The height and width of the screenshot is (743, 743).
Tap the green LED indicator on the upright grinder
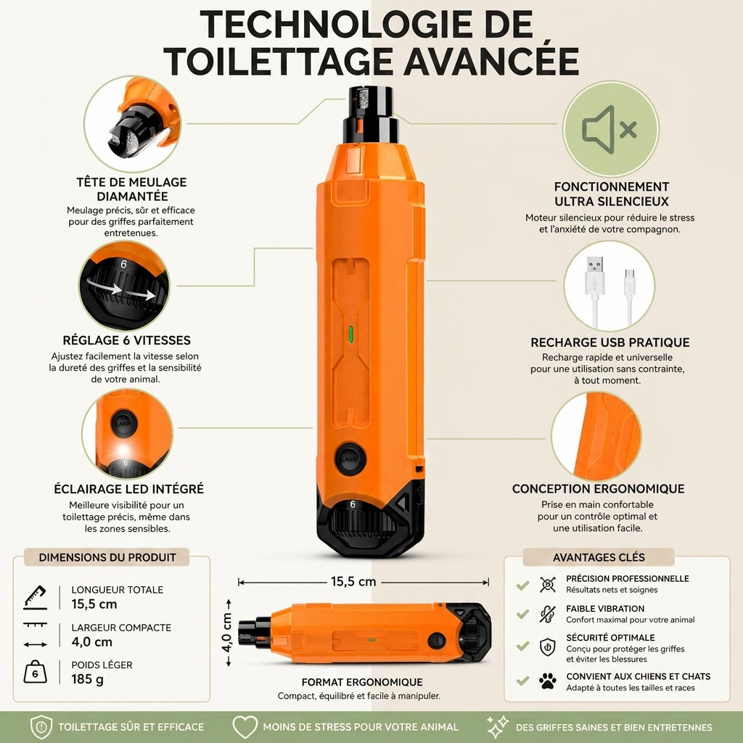pyautogui.click(x=350, y=334)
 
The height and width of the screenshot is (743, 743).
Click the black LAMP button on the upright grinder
pyautogui.click(x=350, y=459)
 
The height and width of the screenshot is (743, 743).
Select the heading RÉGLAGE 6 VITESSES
pyautogui.click(x=126, y=340)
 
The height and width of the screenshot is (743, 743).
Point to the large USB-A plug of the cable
pyautogui.click(x=595, y=276)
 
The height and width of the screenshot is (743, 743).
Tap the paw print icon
pyautogui.click(x=548, y=681)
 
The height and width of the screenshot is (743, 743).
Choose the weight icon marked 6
pyautogui.click(x=35, y=672)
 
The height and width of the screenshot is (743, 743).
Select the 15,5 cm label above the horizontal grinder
pyautogui.click(x=353, y=581)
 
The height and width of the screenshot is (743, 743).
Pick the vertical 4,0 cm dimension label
pyautogui.click(x=227, y=633)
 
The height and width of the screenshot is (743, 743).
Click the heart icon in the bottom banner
pyautogui.click(x=245, y=726)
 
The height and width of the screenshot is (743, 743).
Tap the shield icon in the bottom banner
pyautogui.click(x=41, y=727)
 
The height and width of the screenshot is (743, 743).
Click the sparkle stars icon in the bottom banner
pyautogui.click(x=498, y=726)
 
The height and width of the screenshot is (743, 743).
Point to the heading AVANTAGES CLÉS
pyautogui.click(x=599, y=557)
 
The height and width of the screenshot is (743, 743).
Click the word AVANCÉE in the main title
pyautogui.click(x=491, y=61)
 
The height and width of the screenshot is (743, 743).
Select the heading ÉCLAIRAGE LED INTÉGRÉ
pyautogui.click(x=129, y=489)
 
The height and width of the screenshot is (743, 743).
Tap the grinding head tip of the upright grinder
pyautogui.click(x=370, y=100)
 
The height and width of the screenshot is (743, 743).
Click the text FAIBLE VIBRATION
pyautogui.click(x=605, y=609)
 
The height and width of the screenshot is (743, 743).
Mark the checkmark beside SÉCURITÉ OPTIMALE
pyautogui.click(x=522, y=645)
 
